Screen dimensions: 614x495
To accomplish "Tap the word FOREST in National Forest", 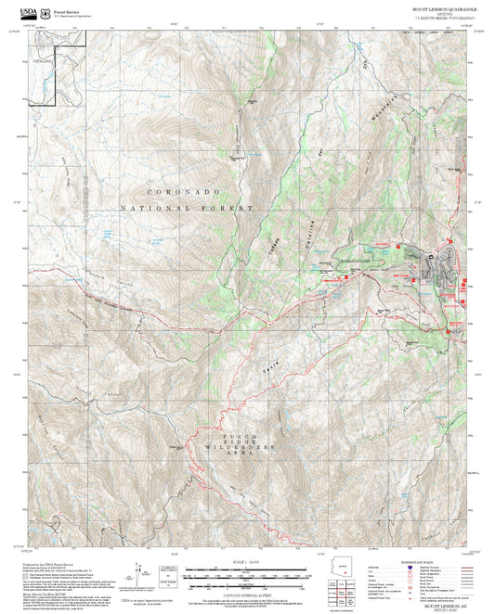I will (x=228, y=210).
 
